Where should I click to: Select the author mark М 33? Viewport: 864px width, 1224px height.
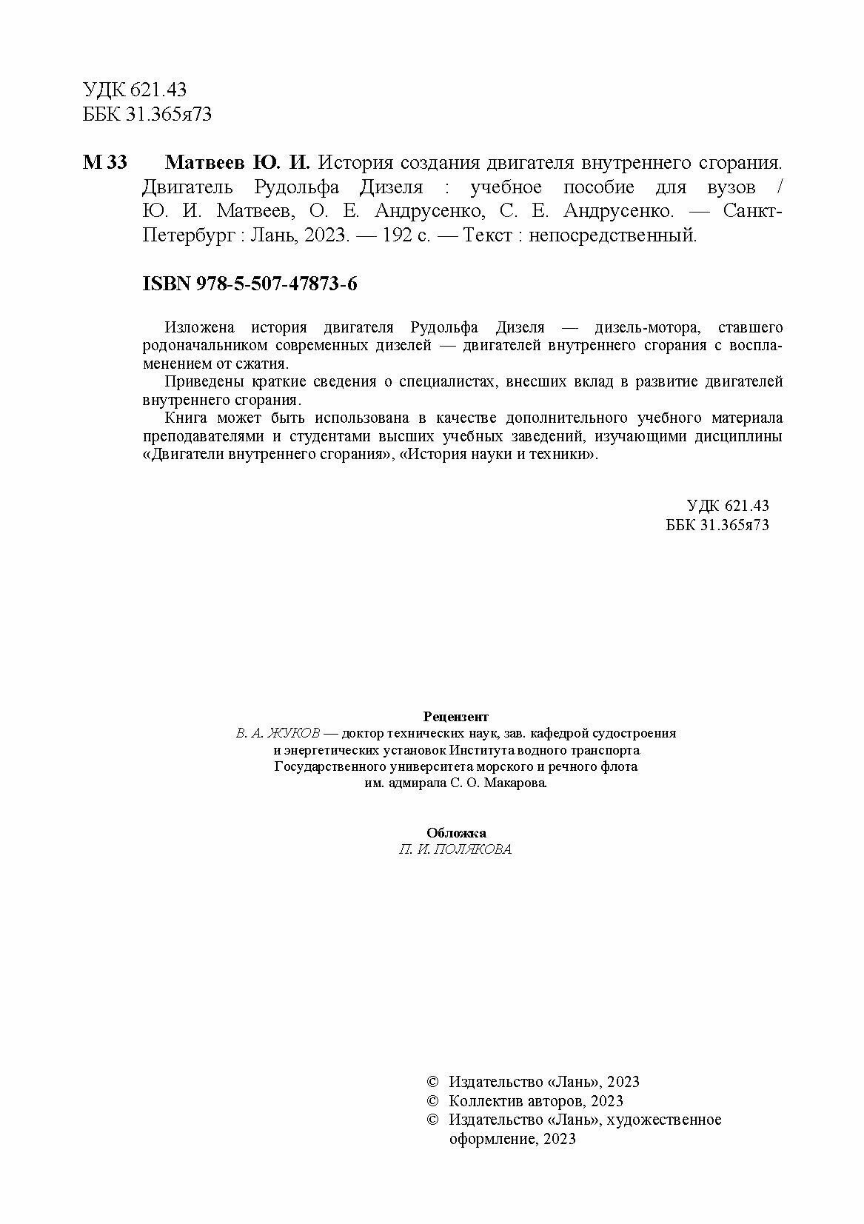[x=105, y=162]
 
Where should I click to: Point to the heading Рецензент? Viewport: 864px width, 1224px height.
[x=456, y=716]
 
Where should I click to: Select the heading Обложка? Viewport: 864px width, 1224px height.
[x=456, y=832]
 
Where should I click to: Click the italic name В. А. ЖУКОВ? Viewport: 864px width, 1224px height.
[x=278, y=733]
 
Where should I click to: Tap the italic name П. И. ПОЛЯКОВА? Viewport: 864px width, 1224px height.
[x=455, y=849]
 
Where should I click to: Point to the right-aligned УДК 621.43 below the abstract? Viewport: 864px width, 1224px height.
[x=728, y=506]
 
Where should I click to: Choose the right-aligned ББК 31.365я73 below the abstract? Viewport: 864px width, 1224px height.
[x=717, y=524]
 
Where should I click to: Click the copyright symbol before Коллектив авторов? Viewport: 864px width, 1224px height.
[x=434, y=1101]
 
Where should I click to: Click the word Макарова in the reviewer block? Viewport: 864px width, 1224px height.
[x=518, y=783]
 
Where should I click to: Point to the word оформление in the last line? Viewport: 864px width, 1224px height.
[x=494, y=1140]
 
